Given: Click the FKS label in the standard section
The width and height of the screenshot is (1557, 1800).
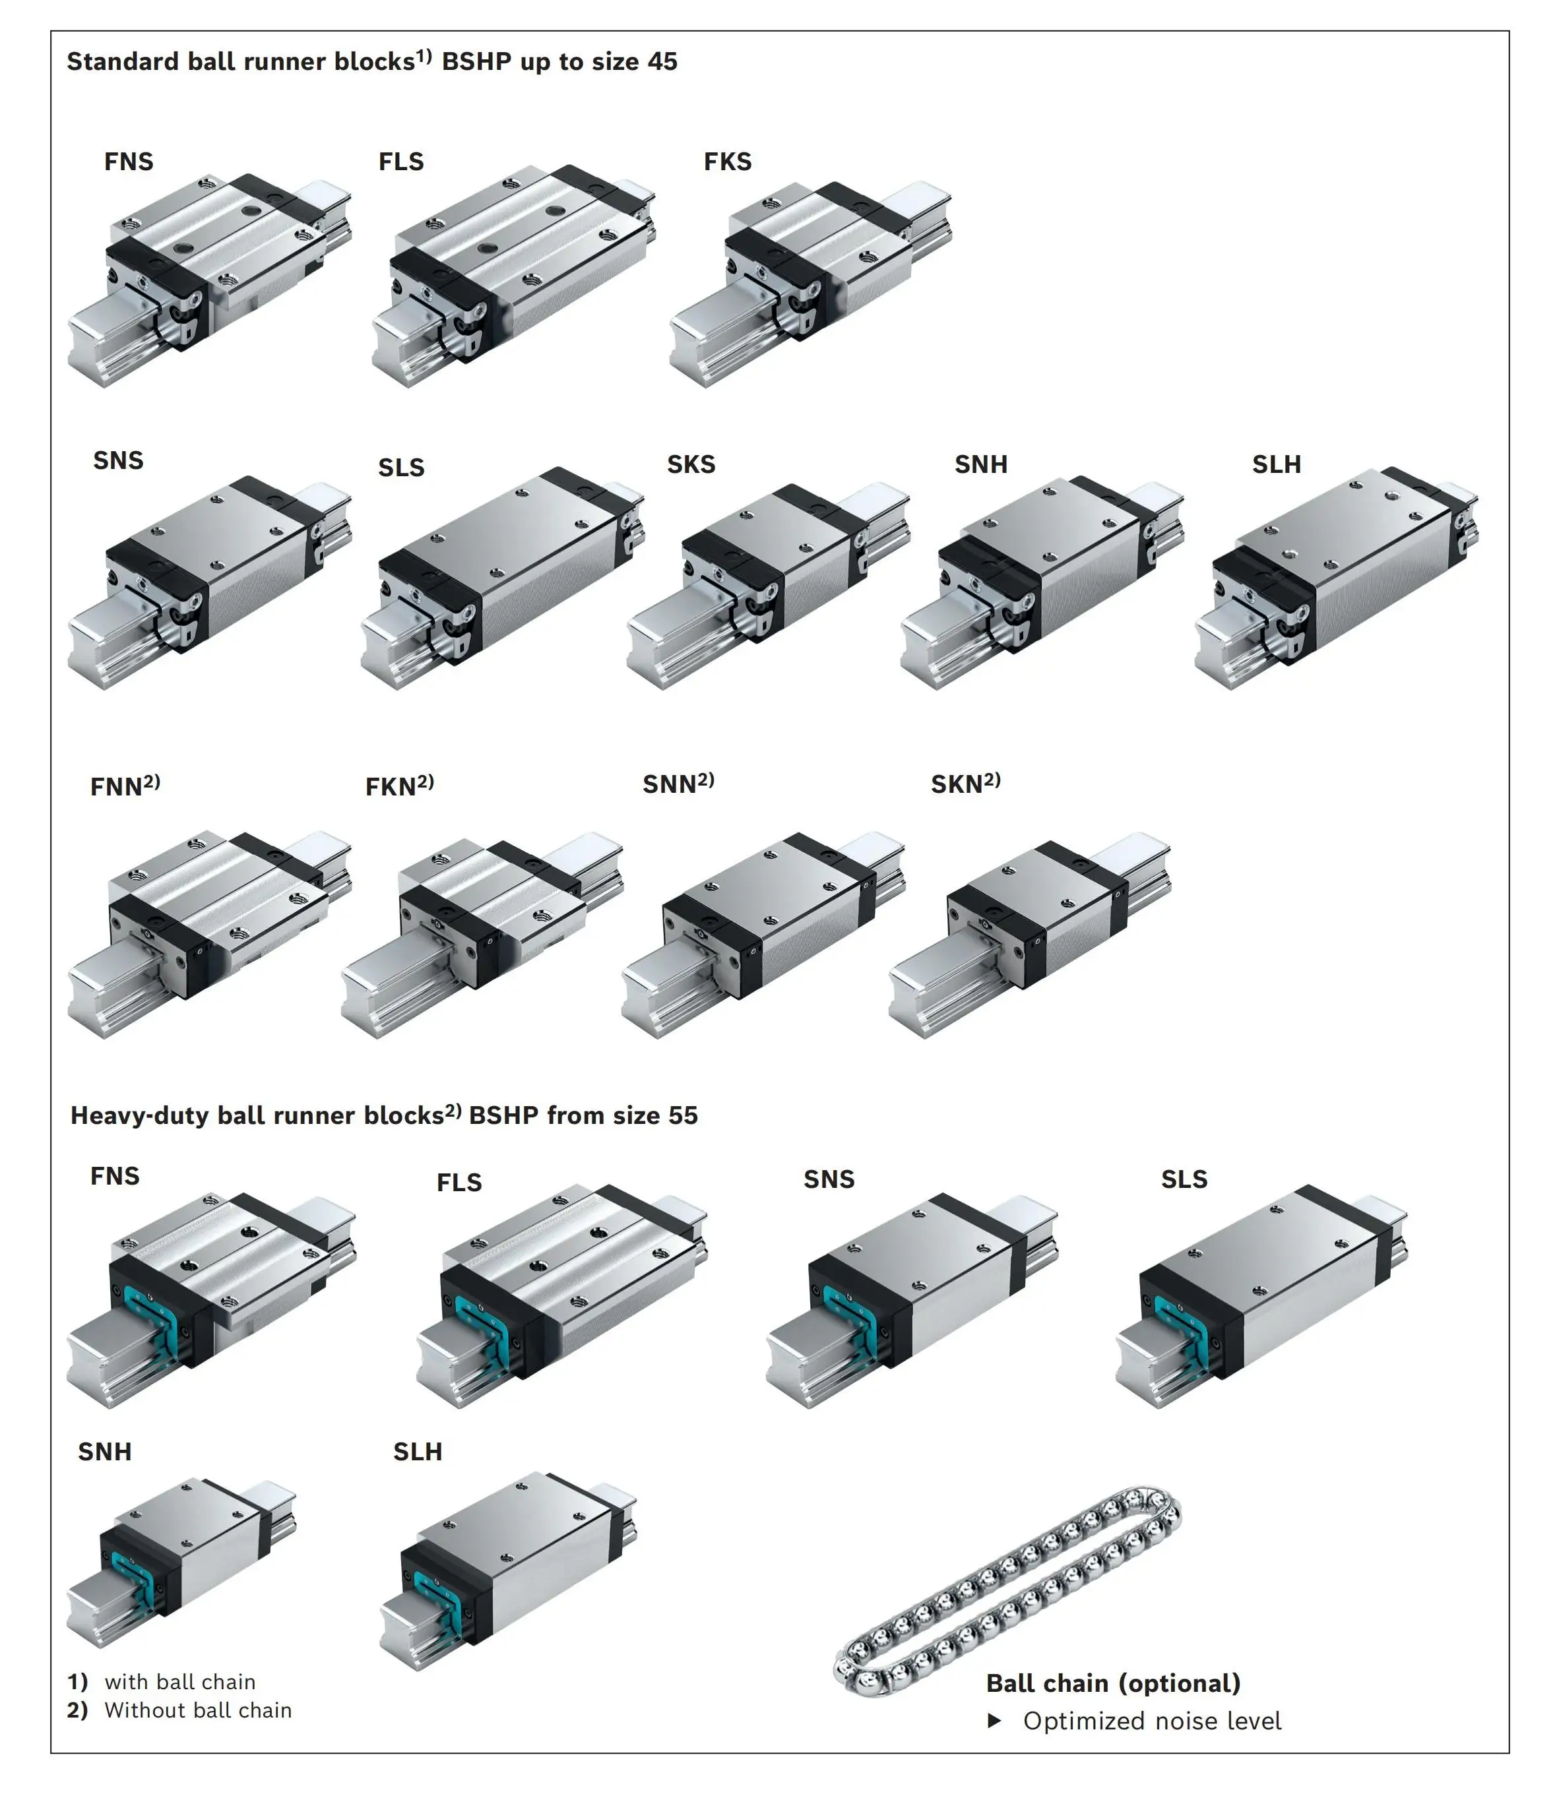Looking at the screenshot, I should click(727, 162).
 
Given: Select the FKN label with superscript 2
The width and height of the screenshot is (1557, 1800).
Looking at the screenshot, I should click(398, 786).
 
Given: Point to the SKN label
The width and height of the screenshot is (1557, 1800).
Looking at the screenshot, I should click(965, 784).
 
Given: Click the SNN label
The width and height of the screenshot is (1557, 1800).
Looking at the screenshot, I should click(678, 784).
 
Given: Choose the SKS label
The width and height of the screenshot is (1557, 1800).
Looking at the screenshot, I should click(691, 465).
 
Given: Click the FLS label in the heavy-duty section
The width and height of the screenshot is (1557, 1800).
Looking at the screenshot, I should click(459, 1183).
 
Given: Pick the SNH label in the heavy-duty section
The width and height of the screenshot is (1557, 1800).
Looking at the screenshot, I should click(104, 1452).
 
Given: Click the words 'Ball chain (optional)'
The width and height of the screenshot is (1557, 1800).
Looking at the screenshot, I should click(1113, 1684).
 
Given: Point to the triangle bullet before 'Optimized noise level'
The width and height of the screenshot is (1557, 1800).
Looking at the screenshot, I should click(995, 1721).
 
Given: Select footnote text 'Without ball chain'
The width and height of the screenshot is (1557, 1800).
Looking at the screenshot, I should click(198, 1710).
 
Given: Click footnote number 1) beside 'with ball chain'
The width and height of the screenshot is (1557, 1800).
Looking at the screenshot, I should click(77, 1682).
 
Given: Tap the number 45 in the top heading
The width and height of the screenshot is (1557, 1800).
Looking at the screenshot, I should click(662, 62).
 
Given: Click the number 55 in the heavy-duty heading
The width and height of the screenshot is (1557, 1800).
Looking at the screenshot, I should click(683, 1115).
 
